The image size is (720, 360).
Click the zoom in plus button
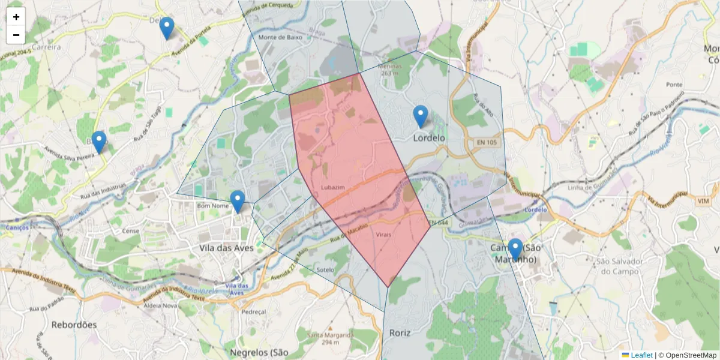16,17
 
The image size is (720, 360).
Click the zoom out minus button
16,35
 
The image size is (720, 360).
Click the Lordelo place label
429,138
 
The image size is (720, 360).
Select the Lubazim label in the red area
333,187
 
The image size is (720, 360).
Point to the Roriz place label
400,332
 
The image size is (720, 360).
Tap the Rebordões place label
74,325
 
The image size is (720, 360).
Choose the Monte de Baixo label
280,37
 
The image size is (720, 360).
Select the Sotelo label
325,269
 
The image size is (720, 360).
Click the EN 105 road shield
487,142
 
